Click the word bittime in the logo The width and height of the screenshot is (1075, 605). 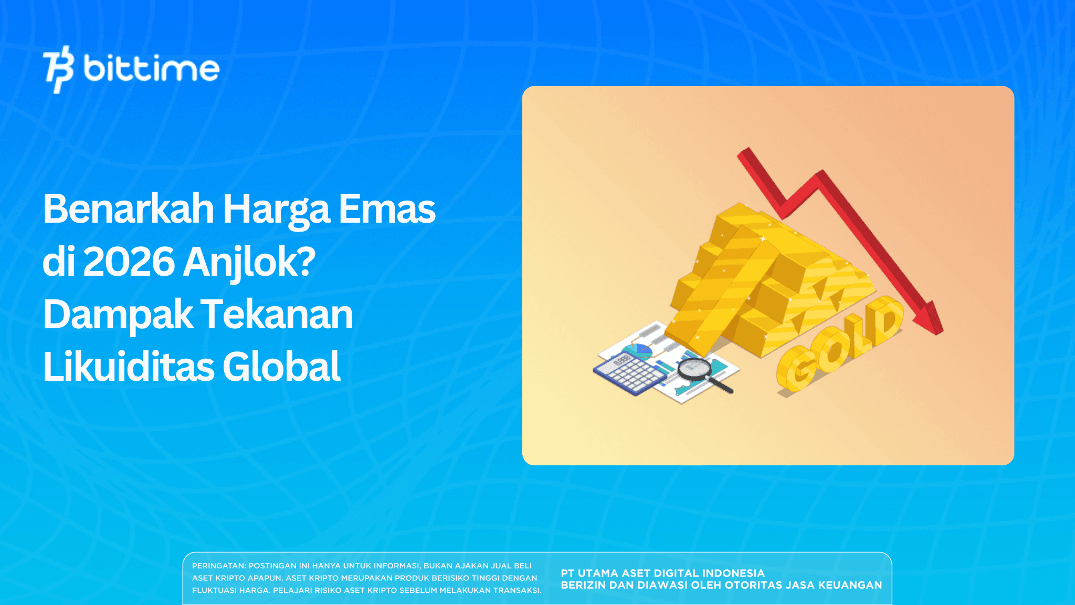(151, 69)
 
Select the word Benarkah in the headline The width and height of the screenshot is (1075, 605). (129, 208)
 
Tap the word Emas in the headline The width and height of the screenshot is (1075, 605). (387, 208)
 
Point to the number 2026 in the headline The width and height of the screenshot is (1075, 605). (129, 262)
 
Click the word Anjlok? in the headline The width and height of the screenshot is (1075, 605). (249, 263)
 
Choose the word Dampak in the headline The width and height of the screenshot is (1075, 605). (118, 315)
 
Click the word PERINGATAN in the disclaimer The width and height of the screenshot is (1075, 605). (218, 566)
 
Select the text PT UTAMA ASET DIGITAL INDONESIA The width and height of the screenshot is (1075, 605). (662, 573)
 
